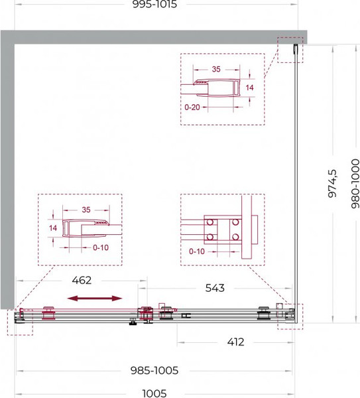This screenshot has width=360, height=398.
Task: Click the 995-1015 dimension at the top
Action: tap(154, 5)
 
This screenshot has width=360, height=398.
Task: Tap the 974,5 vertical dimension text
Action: tap(332, 183)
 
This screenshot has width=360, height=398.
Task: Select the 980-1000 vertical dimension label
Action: tap(355, 184)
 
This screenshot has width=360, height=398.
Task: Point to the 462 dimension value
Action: tap(82, 280)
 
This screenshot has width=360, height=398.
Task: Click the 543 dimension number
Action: tap(215, 288)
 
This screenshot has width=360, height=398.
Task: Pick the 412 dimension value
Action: tap(235, 342)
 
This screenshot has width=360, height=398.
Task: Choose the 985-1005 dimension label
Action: tap(154, 371)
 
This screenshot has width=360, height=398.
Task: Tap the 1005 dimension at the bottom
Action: tap(154, 393)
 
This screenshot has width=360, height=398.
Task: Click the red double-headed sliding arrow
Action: tap(95, 298)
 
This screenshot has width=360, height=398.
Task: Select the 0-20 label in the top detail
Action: tap(192, 107)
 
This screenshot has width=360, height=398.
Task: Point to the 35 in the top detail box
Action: tap(216, 69)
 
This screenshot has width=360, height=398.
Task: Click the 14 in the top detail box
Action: tap(249, 88)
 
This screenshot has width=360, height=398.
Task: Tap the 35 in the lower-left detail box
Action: tap(86, 210)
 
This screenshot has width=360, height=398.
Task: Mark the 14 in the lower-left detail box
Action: tap(53, 228)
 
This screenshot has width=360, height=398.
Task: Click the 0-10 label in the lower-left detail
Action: tap(101, 247)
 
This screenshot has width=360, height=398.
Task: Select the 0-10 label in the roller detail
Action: tap(197, 251)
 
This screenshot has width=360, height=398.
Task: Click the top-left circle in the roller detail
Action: tap(210, 222)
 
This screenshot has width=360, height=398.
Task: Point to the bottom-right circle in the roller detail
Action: tap(235, 237)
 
